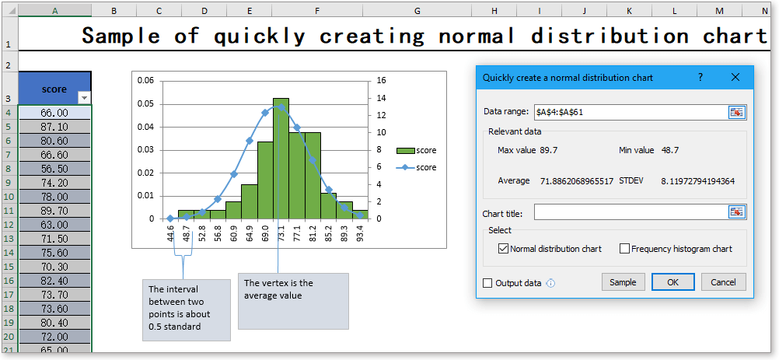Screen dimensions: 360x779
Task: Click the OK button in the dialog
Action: point(672,282)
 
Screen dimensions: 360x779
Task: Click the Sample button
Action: point(623,282)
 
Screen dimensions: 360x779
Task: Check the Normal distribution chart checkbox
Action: point(503,249)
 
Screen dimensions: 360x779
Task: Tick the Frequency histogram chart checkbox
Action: point(625,249)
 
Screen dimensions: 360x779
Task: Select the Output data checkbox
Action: point(488,283)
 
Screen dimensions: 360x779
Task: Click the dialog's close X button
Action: point(735,78)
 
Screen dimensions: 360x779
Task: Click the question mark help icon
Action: point(700,78)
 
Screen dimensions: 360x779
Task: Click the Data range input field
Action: point(630,112)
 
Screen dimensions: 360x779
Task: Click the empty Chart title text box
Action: point(630,212)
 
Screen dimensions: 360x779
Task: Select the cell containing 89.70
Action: point(54,210)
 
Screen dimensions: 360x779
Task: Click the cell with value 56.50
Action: point(54,168)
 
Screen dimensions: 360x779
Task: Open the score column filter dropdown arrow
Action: point(85,97)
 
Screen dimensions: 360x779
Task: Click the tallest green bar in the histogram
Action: point(281,159)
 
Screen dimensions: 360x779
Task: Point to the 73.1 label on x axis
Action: point(281,233)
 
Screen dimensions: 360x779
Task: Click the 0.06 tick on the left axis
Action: point(145,80)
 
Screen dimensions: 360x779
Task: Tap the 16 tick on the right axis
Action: point(381,80)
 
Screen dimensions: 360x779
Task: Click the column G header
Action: point(417,10)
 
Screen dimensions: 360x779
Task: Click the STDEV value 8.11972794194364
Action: point(698,181)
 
